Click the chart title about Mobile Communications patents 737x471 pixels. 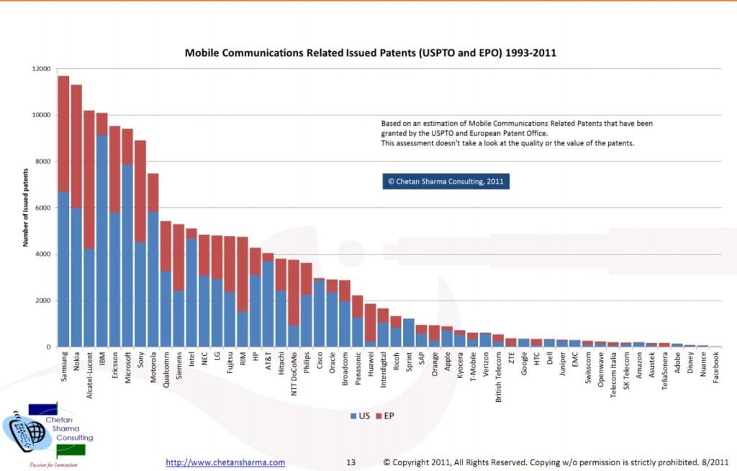[x=370, y=52]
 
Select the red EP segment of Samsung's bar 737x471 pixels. [x=63, y=134]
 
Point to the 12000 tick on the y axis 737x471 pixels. [x=41, y=69]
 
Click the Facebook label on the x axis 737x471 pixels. [x=716, y=367]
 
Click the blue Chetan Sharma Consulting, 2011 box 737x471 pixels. [x=446, y=181]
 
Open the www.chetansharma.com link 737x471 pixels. [x=225, y=462]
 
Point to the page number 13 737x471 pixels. [x=351, y=462]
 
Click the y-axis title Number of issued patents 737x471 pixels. [x=25, y=208]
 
